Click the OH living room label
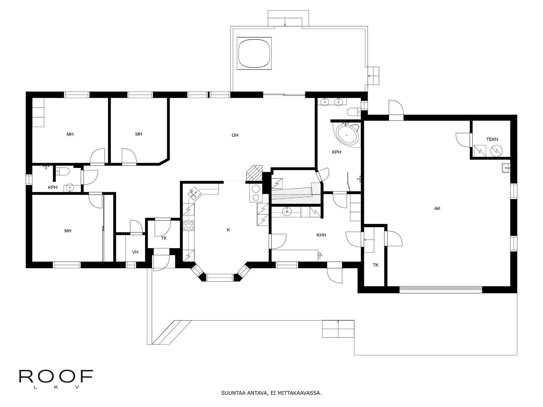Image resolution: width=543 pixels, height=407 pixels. coord(235,135)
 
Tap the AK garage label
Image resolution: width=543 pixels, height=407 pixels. coord(437,209)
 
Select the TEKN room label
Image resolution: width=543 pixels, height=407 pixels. coord(492,139)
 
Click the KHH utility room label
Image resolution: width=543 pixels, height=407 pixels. coord(321,235)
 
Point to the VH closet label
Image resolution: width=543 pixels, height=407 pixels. coord(135,252)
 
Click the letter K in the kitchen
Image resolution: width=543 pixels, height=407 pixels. coord(228,230)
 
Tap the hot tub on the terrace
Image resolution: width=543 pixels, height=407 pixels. coord(254,53)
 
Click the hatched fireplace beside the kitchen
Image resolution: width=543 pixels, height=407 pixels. coord(254,173)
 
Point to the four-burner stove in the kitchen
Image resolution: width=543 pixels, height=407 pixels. coord(189,226)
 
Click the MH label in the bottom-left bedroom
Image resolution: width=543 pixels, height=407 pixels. coord(68,231)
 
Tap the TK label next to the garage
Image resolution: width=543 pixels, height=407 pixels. coord(375,265)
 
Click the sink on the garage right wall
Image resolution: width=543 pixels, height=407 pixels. coord(506,168)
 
